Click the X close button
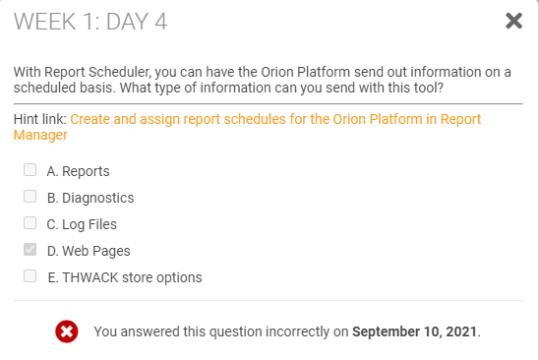point(513,21)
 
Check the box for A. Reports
point(30,170)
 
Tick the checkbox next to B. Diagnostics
point(30,197)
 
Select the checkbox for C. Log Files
point(30,223)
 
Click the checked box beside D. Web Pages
point(30,249)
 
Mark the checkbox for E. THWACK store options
point(30,275)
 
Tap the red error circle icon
point(67,331)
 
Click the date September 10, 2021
point(414,331)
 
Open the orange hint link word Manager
point(40,135)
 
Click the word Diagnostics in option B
point(98,198)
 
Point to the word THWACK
point(90,277)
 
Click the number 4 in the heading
point(161,22)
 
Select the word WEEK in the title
point(44,22)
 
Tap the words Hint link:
point(40,119)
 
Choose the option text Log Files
point(90,224)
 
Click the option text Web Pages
point(96,251)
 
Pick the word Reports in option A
point(86,171)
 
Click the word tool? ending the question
point(429,88)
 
